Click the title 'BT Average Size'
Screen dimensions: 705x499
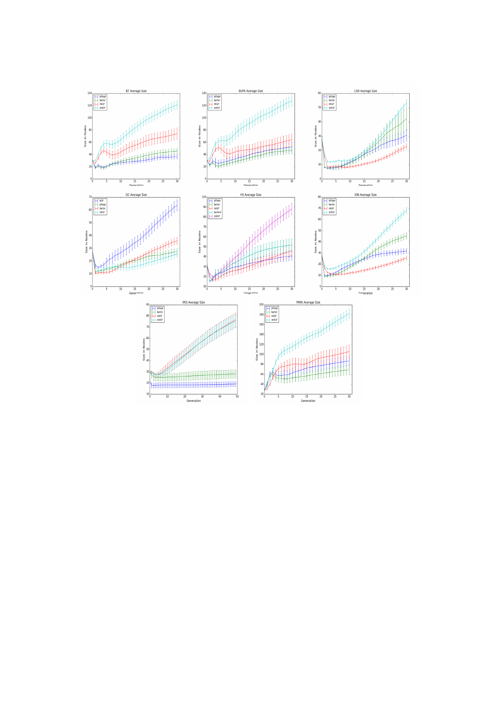(x=136, y=91)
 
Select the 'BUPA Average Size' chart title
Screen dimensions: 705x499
(x=251, y=91)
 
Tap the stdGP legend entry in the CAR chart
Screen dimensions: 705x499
(x=331, y=108)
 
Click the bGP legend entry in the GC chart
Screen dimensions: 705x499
(x=101, y=201)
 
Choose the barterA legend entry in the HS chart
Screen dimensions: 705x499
(x=217, y=212)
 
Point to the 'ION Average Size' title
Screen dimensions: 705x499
(x=365, y=195)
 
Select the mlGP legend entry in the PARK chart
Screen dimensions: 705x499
(x=274, y=316)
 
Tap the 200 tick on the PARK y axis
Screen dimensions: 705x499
(x=261, y=305)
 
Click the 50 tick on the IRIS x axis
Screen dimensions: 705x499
(x=237, y=397)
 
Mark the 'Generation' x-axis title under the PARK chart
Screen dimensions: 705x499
(x=308, y=401)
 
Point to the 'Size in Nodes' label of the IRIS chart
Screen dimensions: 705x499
(x=144, y=349)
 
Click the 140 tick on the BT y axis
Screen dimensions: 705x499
(x=89, y=93)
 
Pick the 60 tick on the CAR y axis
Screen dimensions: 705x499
(x=319, y=93)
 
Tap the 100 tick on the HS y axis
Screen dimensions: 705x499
(x=204, y=197)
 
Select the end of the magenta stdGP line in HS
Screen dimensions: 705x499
(x=292, y=208)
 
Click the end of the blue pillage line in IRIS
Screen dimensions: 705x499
(x=235, y=384)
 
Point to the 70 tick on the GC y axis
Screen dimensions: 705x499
(x=90, y=197)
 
